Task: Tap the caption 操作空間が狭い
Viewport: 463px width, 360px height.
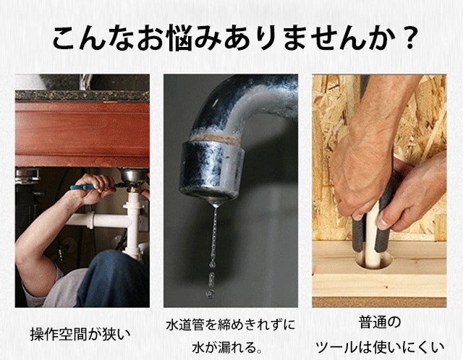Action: [80, 334]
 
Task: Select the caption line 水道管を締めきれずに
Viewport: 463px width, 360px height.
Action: [231, 325]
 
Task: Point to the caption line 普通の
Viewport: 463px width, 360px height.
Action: [380, 322]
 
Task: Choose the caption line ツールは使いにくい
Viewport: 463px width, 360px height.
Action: [380, 347]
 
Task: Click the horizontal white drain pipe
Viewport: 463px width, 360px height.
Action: [98, 220]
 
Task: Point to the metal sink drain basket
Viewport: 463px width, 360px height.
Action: [134, 176]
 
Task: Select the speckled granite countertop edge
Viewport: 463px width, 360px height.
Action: [82, 96]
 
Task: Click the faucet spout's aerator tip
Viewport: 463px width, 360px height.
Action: [211, 172]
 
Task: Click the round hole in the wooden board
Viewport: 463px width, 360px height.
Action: [374, 260]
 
